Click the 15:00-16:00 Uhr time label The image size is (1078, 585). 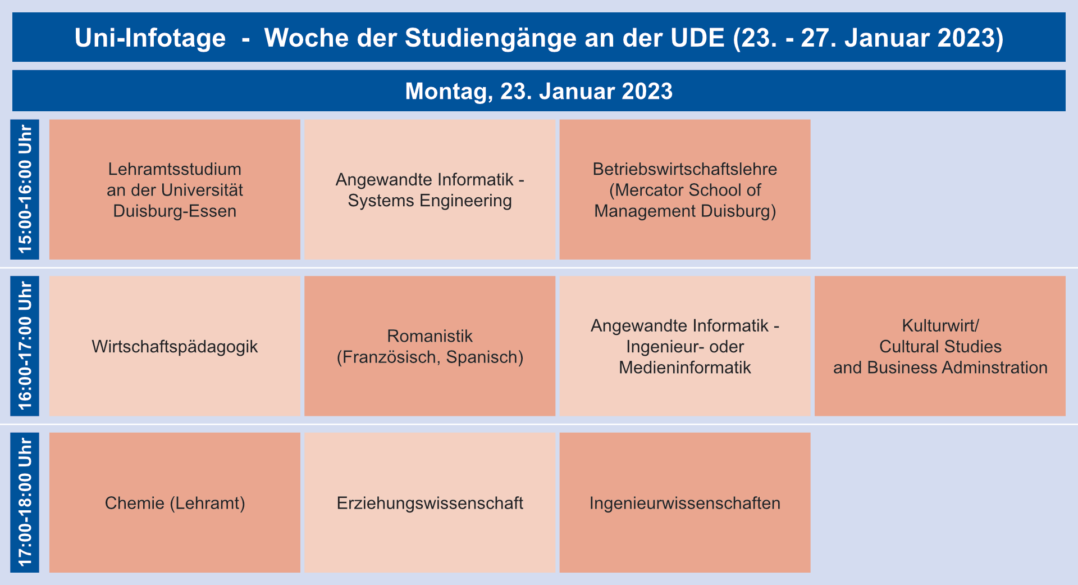pos(25,189)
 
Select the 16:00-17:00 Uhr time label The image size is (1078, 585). pos(25,346)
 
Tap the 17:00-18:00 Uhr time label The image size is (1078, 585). pos(25,502)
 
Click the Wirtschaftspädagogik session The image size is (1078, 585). pos(175,346)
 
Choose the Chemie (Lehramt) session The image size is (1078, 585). pos(175,502)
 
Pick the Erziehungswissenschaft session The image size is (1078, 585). pos(430,502)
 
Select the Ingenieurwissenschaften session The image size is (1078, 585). pos(685,502)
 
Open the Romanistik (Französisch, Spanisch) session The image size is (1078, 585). pos(430,346)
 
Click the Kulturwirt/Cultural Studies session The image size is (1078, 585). pos(940,346)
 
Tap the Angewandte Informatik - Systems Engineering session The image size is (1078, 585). pos(430,189)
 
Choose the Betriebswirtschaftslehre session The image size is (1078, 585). pos(685,189)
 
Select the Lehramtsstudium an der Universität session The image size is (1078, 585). pos(175,189)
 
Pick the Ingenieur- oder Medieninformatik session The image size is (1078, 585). pos(685,346)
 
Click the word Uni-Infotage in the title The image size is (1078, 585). pos(150,38)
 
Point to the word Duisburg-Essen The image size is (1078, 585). pos(175,211)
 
